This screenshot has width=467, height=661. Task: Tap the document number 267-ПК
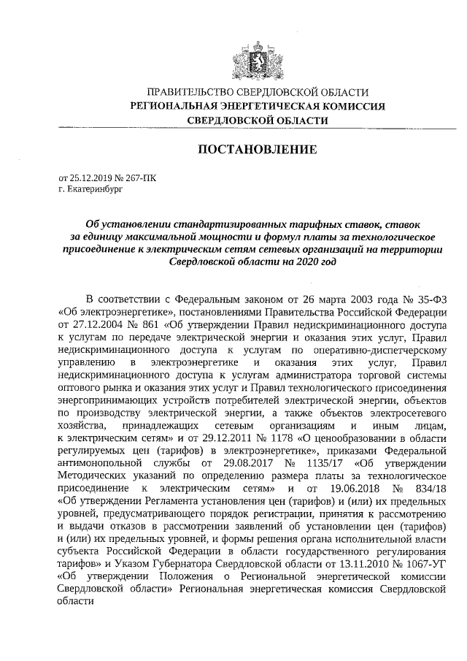[x=139, y=177]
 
